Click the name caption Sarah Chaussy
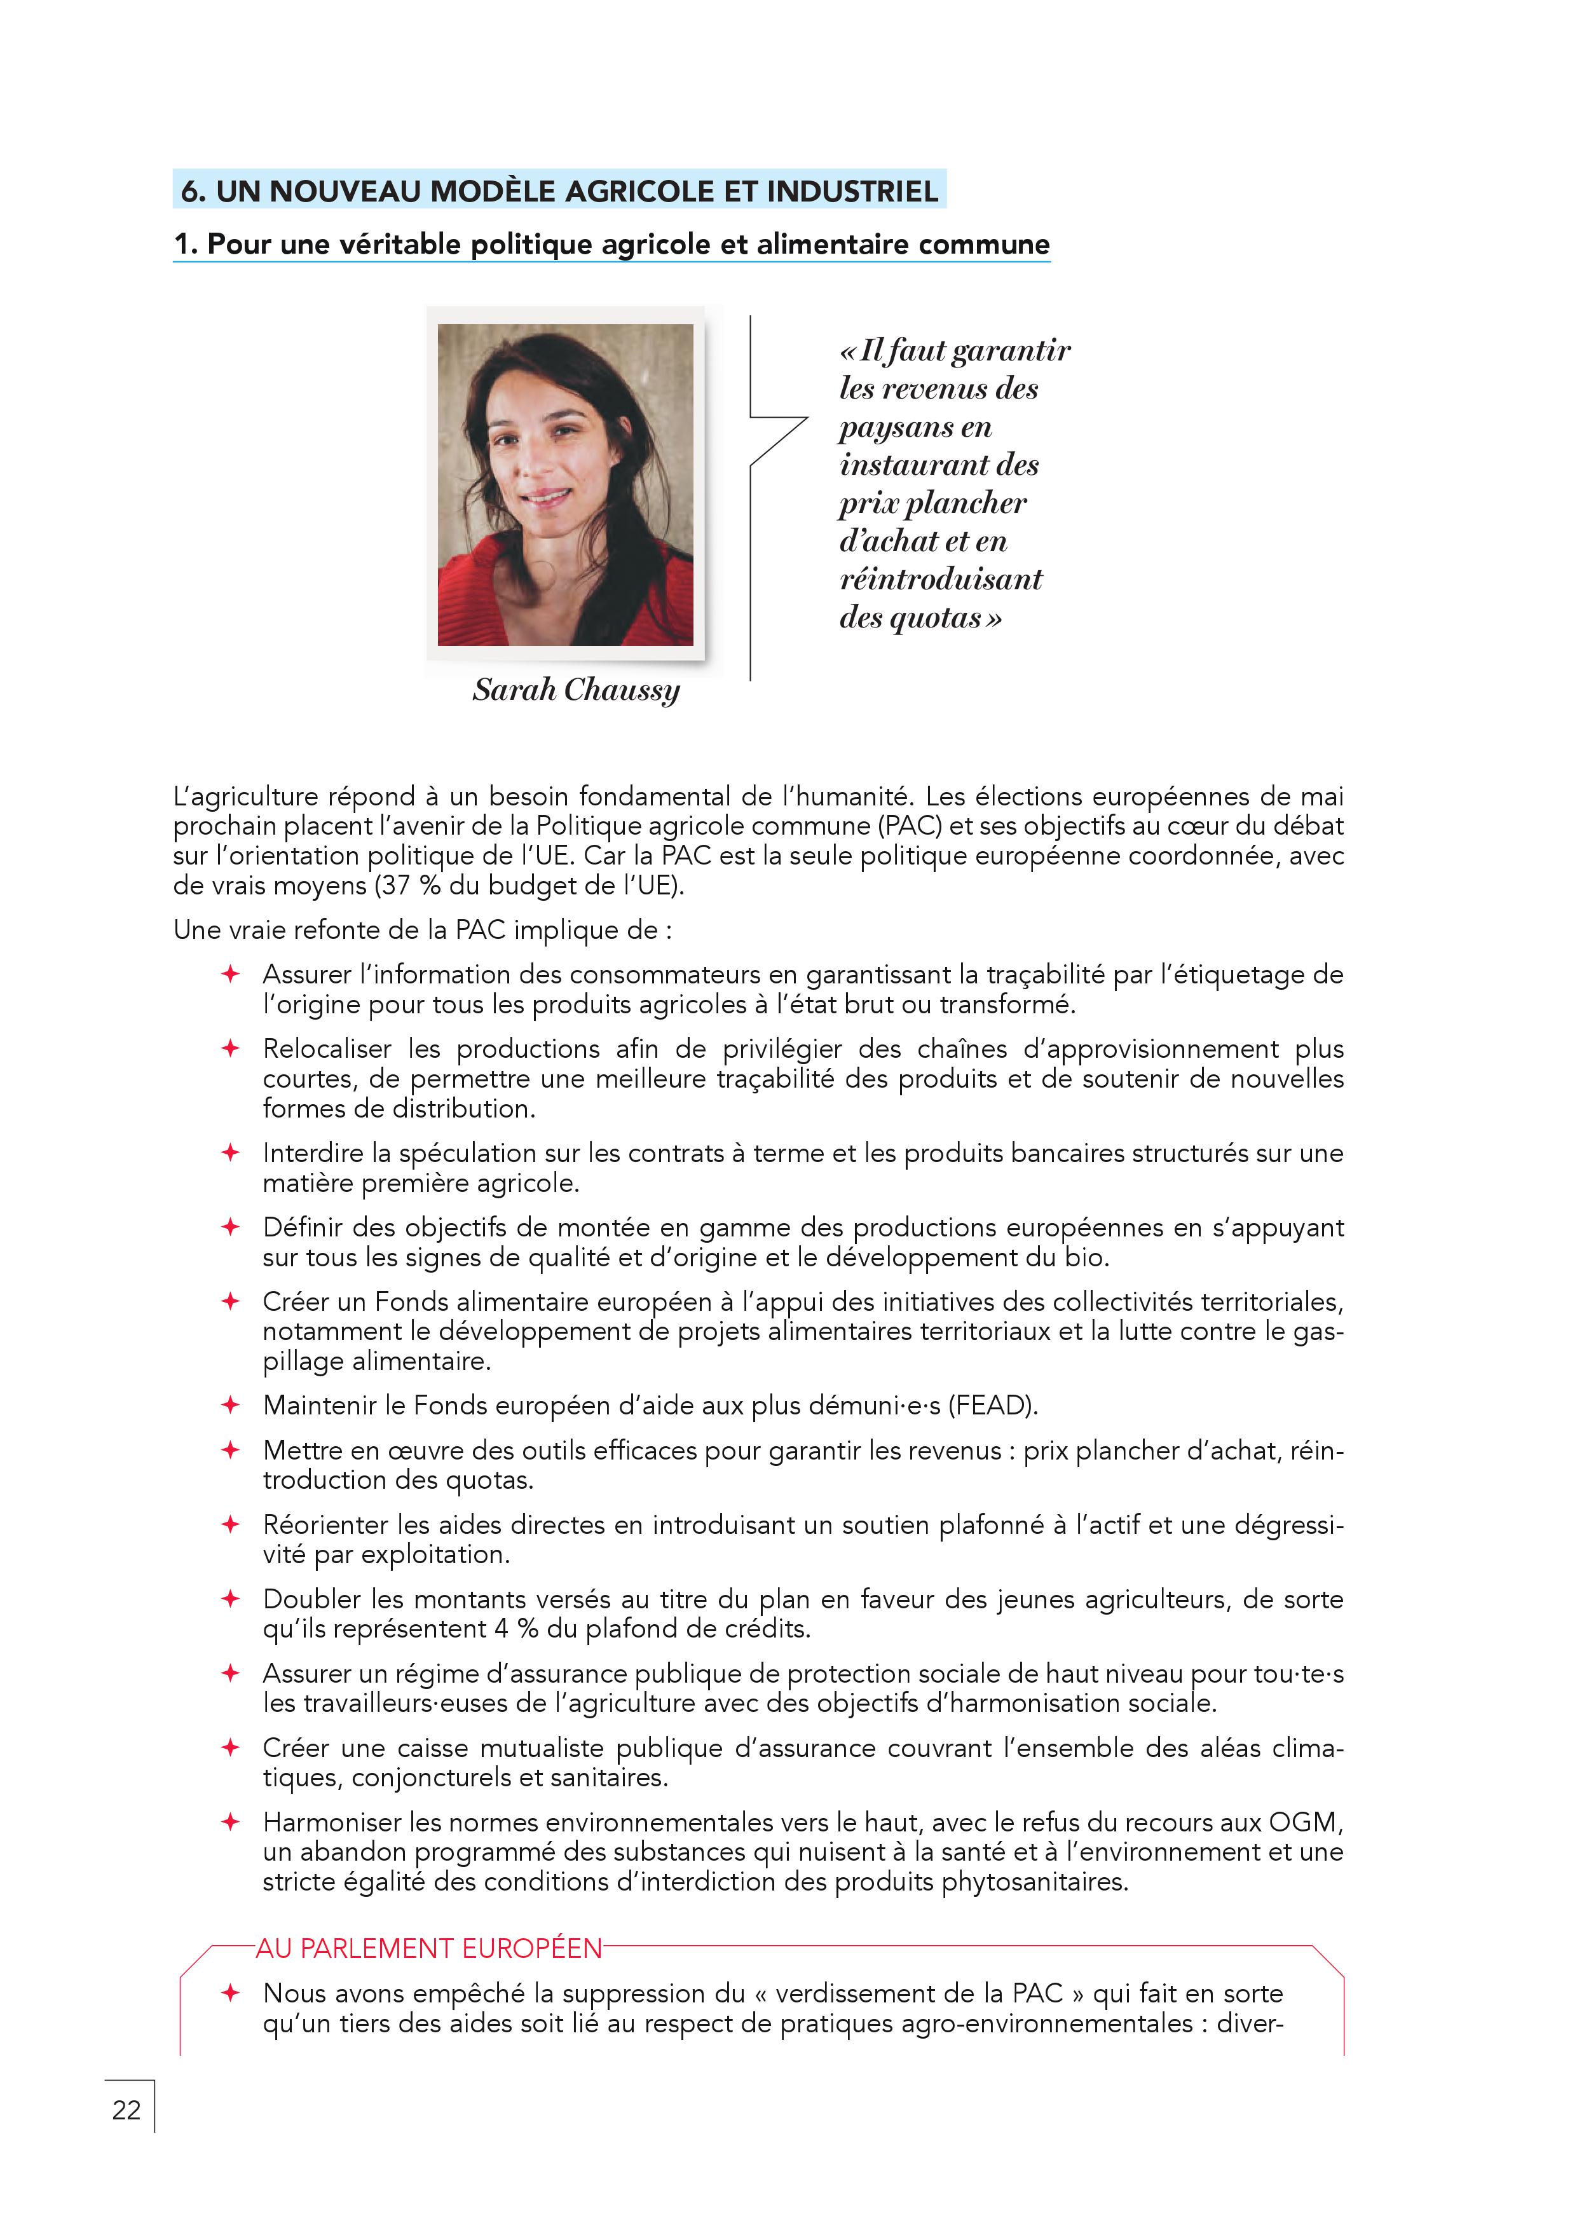click(x=576, y=690)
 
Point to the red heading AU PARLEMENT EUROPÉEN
click(x=428, y=1948)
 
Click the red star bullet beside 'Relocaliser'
click(x=230, y=1048)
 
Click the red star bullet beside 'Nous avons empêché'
click(x=230, y=1993)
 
